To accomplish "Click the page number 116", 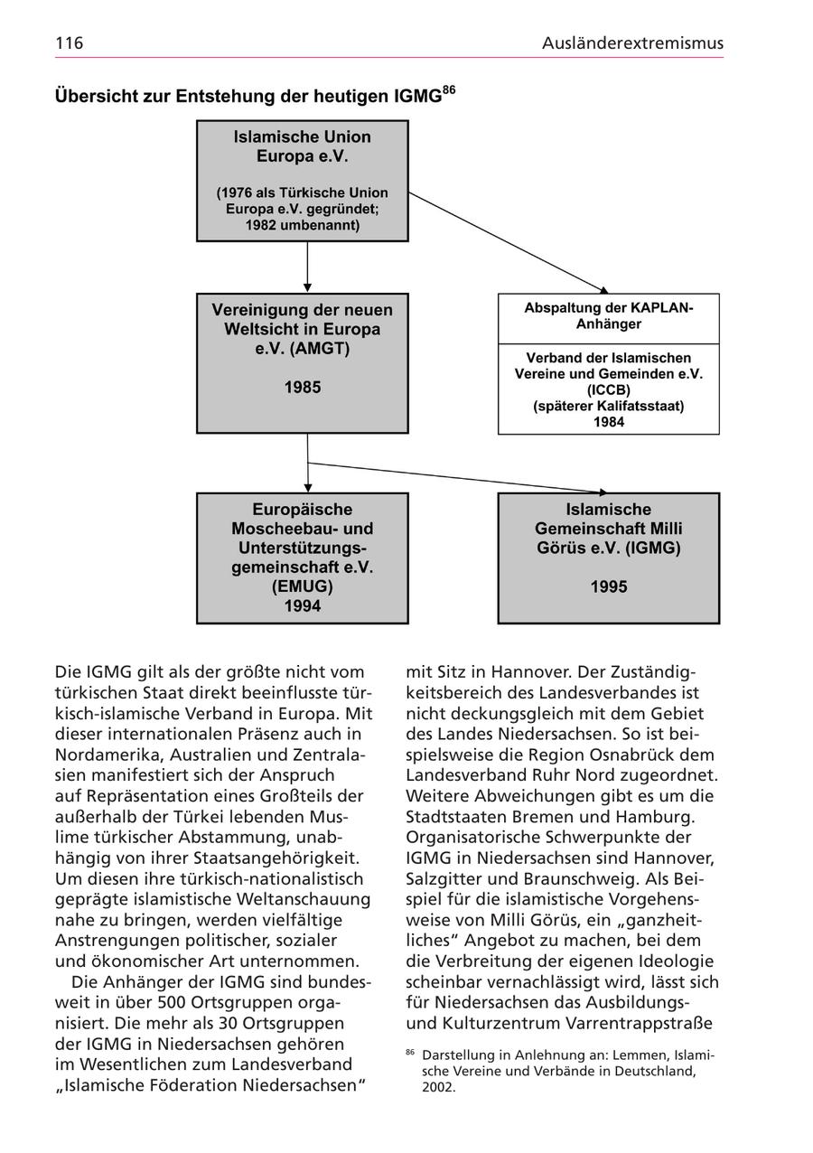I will click(69, 42).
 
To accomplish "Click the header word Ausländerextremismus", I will click(632, 42).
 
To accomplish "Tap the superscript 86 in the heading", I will click(448, 90).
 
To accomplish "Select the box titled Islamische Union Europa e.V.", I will click(303, 181).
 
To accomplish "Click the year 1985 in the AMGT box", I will click(303, 388).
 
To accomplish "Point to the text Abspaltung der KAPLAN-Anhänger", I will click(609, 315).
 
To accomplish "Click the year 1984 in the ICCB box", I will click(609, 421).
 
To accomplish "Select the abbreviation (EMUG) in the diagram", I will click(303, 586).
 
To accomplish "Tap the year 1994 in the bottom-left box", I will click(303, 605).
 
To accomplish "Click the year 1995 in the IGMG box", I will click(609, 586).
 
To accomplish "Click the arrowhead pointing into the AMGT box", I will click(308, 287).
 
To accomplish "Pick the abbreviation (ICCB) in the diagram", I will click(609, 389).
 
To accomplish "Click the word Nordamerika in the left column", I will click(105, 755).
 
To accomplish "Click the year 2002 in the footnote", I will click(438, 1088).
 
